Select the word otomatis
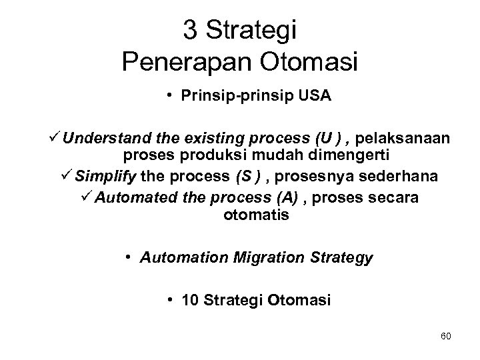(251, 215)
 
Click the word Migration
(261, 257)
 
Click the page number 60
(445, 335)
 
